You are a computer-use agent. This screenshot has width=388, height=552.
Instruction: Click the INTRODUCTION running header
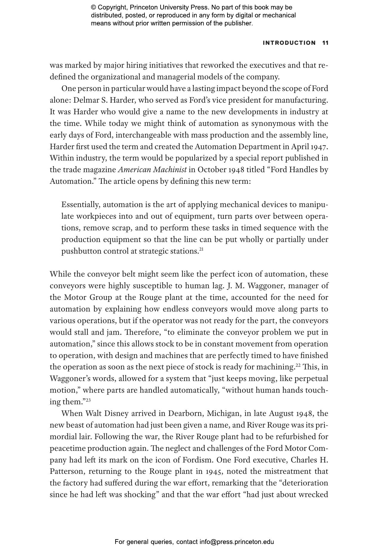(289, 43)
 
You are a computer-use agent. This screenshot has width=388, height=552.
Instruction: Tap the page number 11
(325, 43)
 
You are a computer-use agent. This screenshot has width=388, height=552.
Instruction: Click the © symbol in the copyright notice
(93, 7)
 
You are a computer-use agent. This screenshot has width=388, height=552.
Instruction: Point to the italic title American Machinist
(152, 170)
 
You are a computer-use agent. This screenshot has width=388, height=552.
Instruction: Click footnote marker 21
(201, 249)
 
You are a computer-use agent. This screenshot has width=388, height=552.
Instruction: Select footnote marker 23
(88, 400)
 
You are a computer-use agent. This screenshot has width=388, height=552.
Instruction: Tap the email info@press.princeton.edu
(237, 542)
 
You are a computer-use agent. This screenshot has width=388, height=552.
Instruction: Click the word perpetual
(311, 379)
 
